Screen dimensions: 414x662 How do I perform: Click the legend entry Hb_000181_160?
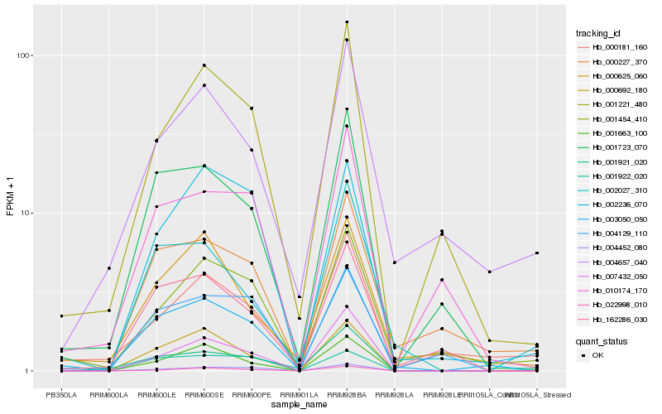coord(613,47)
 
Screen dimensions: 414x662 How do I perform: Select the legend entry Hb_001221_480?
coord(613,104)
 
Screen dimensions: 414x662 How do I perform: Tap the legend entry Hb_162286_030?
coord(613,319)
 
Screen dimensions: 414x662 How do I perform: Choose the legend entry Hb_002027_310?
coord(613,190)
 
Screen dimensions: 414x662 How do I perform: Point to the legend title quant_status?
coord(602,340)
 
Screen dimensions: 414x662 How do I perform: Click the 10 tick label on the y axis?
coord(25,213)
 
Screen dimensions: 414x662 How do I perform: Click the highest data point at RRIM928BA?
coord(347,22)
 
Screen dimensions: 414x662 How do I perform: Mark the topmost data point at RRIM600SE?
coord(204,65)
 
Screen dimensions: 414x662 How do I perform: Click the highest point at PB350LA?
coord(61,315)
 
